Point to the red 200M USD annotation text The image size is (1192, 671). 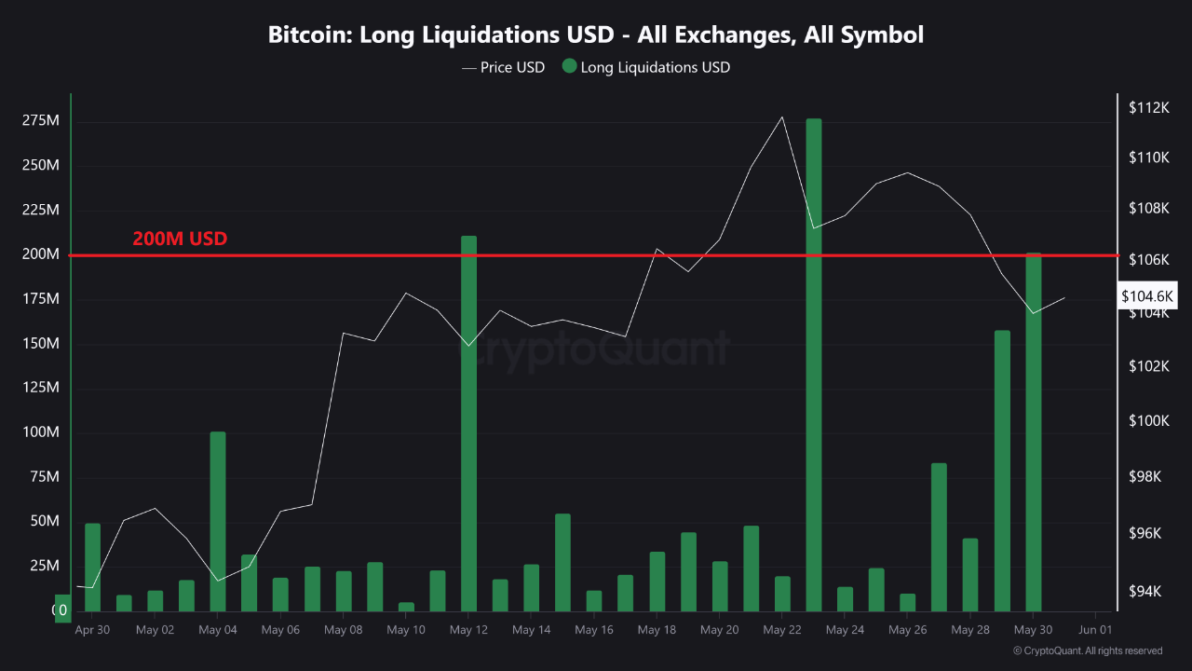point(180,239)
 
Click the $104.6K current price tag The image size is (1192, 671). point(1148,296)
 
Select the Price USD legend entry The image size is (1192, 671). point(503,67)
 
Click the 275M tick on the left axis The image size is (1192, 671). point(40,121)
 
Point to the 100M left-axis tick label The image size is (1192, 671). point(40,432)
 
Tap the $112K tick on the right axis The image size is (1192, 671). point(1148,108)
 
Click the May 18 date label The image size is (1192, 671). point(657,630)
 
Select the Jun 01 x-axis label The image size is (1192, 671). point(1094,630)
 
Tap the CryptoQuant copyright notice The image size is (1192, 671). point(1087,650)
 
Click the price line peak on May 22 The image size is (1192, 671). point(782,116)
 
